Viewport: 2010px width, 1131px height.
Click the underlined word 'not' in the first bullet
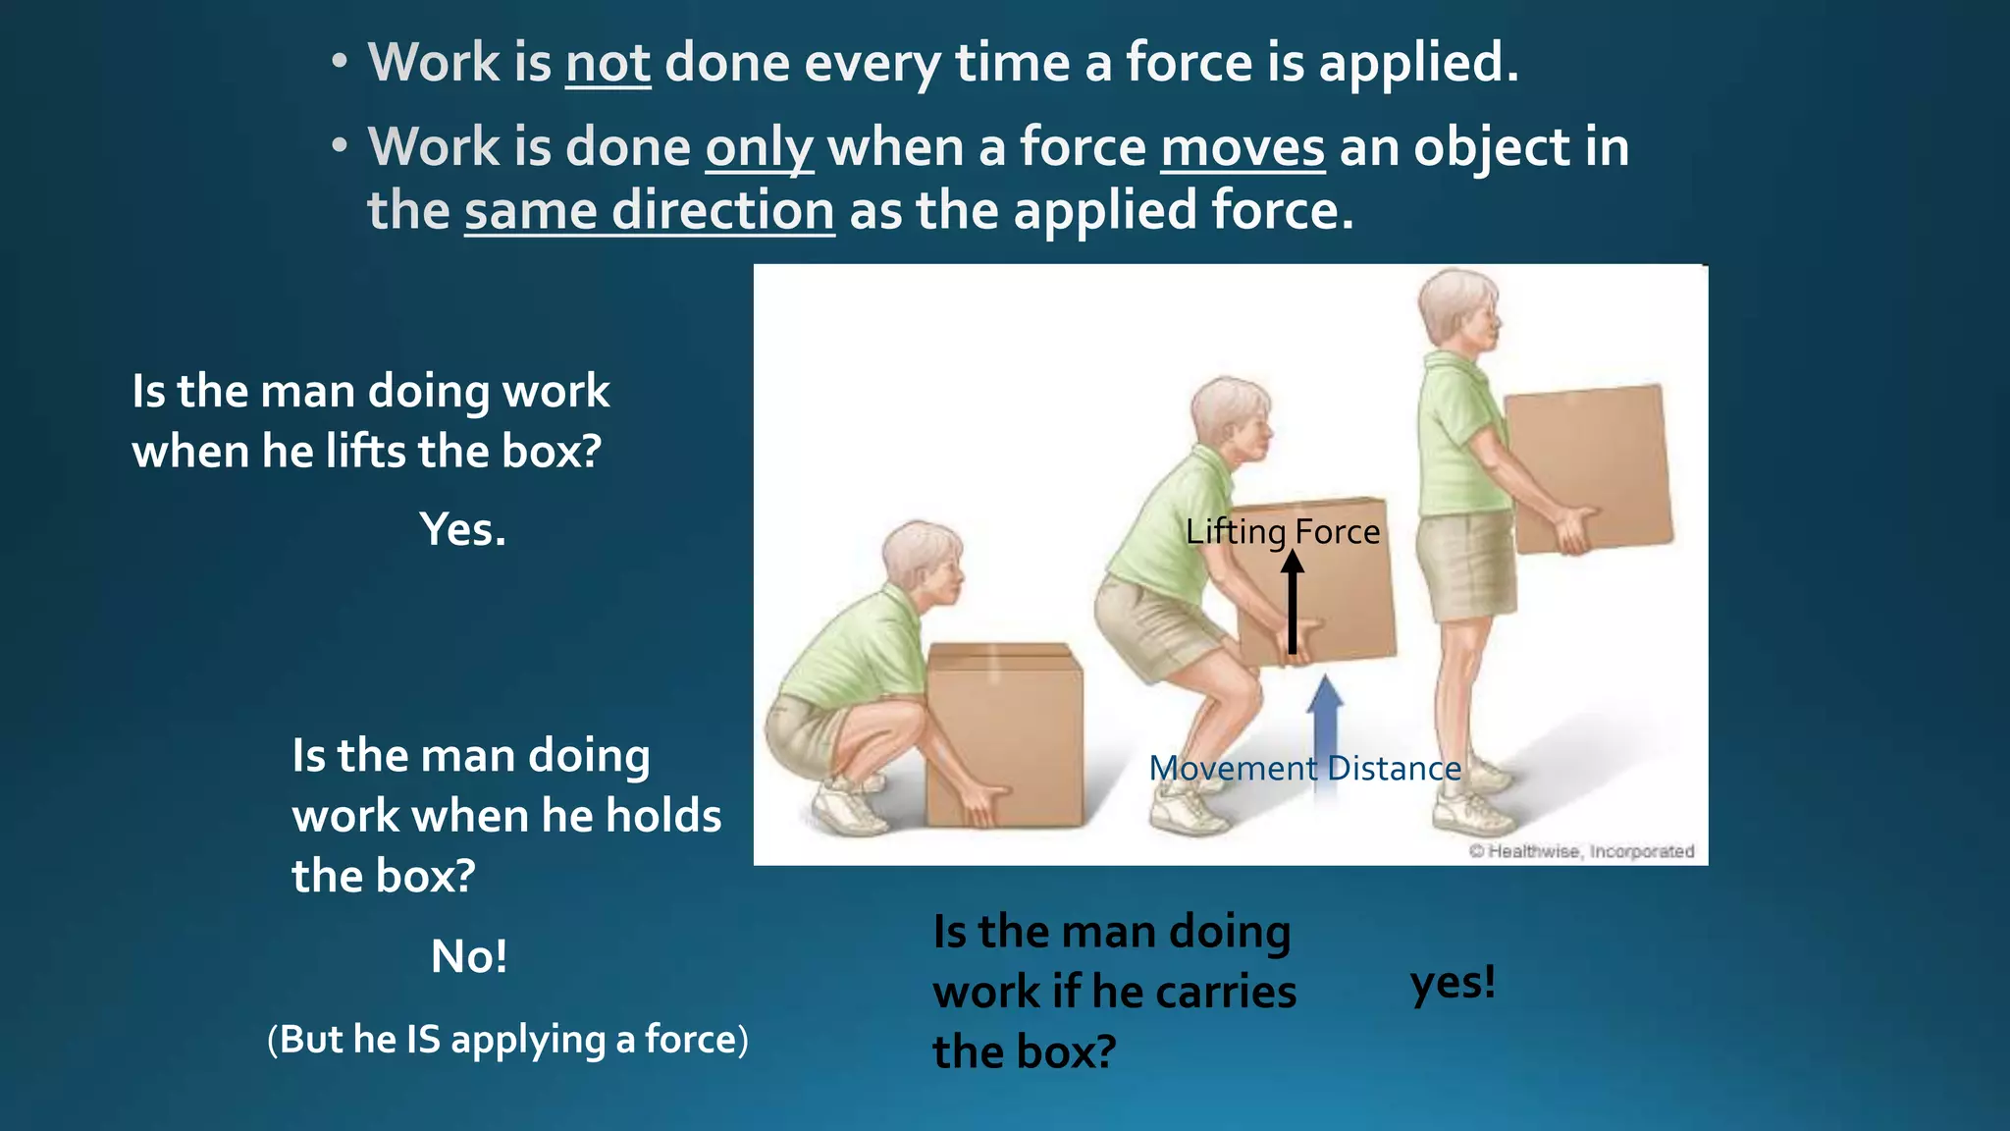tap(608, 64)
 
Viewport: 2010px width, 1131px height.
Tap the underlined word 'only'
tap(759, 148)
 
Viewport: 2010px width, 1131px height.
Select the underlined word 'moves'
tap(1243, 148)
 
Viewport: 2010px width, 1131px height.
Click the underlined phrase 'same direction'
tap(649, 211)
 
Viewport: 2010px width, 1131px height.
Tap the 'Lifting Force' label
tap(1282, 531)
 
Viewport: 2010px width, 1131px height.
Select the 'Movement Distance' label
tap(1304, 768)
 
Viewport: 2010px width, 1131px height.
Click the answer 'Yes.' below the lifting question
tap(463, 530)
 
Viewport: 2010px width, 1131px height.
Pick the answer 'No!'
tap(469, 956)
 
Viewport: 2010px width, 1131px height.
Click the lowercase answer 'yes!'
tap(1453, 982)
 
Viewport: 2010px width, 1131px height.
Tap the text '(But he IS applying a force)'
tap(507, 1039)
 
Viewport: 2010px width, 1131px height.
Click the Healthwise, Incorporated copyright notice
tap(1581, 851)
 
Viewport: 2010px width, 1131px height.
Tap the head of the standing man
tap(1458, 306)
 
